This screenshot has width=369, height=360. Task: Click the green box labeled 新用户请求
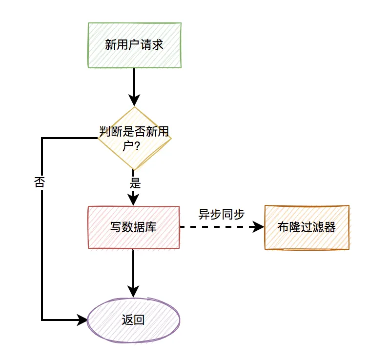[x=134, y=45]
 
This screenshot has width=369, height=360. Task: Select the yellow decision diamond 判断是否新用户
[x=134, y=139]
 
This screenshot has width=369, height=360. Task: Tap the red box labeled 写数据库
[x=134, y=227]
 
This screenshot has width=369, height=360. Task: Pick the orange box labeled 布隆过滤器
[x=307, y=227]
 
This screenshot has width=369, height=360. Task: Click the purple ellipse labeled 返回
[x=134, y=320]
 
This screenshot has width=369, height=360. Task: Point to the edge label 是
[x=135, y=183]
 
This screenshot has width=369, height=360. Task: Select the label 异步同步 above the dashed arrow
[x=221, y=214]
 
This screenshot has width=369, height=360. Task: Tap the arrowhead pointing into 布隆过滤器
[x=258, y=227]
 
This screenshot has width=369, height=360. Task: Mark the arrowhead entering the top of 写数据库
[x=134, y=200]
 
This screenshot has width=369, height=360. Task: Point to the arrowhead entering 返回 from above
[x=134, y=291]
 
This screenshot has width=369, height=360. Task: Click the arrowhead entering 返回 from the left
[x=82, y=320]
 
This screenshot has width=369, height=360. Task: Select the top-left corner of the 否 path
[x=42, y=139]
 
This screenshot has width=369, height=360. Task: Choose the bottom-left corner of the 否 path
[x=42, y=320]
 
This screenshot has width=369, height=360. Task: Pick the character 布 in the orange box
[x=283, y=227]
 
